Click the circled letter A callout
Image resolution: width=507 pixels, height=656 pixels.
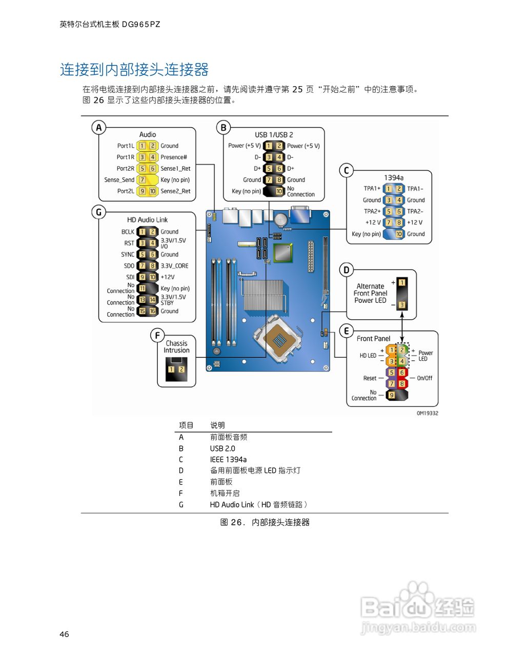coord(98,127)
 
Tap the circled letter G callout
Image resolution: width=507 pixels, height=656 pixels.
coord(98,212)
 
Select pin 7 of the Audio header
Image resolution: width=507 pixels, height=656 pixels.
coord(142,180)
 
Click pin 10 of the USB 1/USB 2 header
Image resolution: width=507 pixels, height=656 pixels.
coord(279,191)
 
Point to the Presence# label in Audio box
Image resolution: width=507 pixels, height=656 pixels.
coord(174,157)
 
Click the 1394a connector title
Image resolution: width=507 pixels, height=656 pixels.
coord(393,178)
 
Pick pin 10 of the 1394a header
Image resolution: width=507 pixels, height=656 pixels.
coord(399,234)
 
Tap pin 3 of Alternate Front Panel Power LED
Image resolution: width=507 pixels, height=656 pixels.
coord(402,305)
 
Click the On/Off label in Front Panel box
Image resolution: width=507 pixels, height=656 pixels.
coord(424,378)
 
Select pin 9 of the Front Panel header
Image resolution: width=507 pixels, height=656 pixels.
coord(392,395)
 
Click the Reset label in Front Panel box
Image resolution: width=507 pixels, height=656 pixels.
coord(370,378)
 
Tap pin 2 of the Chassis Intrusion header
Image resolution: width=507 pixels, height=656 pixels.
coord(181,369)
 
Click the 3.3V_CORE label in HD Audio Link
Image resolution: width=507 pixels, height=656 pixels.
coord(174,266)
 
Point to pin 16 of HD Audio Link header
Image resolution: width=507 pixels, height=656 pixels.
coord(153,311)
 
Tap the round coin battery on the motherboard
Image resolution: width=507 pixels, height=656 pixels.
coord(280,219)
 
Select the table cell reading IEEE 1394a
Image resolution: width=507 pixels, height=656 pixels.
coord(228,460)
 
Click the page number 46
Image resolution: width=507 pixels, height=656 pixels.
coord(64,634)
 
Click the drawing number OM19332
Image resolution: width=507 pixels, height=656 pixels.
coord(427,413)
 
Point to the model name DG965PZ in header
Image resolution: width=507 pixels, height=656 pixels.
coord(141,24)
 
